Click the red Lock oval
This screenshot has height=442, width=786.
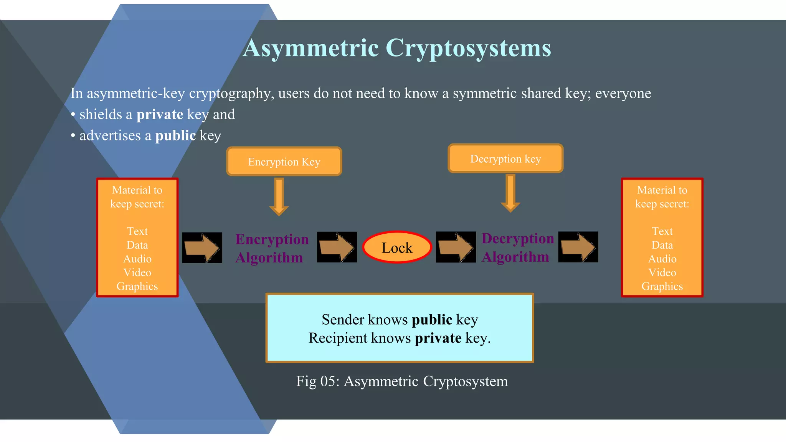point(397,247)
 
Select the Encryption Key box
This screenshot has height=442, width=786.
point(284,162)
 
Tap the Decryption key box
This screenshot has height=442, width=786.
point(505,158)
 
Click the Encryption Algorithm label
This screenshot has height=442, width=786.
point(272,248)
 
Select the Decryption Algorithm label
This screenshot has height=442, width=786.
point(517,247)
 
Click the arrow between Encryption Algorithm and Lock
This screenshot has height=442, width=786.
point(337,247)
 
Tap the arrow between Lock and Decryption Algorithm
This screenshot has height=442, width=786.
point(456,247)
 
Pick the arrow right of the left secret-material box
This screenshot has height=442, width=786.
point(202,247)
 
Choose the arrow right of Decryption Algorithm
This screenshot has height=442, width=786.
point(578,247)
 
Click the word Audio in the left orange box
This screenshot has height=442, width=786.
point(137,259)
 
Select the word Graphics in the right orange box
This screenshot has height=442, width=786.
point(662,287)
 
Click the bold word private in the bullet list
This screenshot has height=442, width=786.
point(160,114)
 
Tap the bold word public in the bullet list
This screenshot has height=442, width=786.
point(175,135)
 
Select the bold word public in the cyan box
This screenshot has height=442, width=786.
point(432,320)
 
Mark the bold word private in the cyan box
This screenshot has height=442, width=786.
point(438,338)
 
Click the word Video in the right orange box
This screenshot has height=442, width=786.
point(662,273)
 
